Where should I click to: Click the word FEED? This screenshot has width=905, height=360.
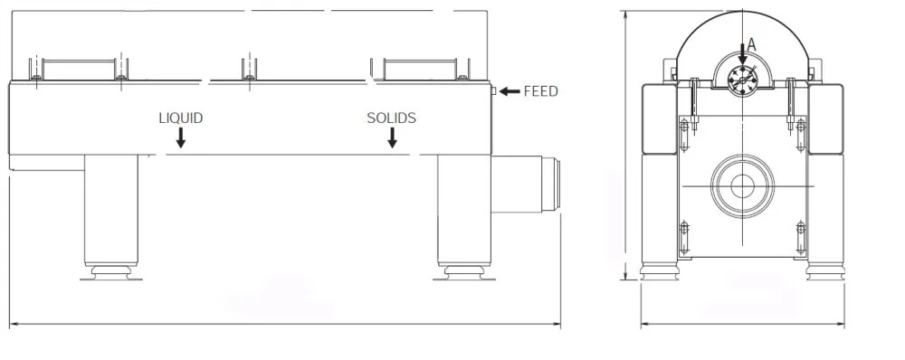541,91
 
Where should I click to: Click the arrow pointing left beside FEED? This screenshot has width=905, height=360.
510,91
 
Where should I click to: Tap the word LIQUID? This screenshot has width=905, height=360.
181,118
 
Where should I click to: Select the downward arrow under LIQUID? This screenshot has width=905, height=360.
181,137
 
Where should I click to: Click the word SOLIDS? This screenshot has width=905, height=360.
391,118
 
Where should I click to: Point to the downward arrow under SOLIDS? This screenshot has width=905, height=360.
392,137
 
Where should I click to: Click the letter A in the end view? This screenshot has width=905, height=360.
751,44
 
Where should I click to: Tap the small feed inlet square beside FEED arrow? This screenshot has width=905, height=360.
493,90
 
